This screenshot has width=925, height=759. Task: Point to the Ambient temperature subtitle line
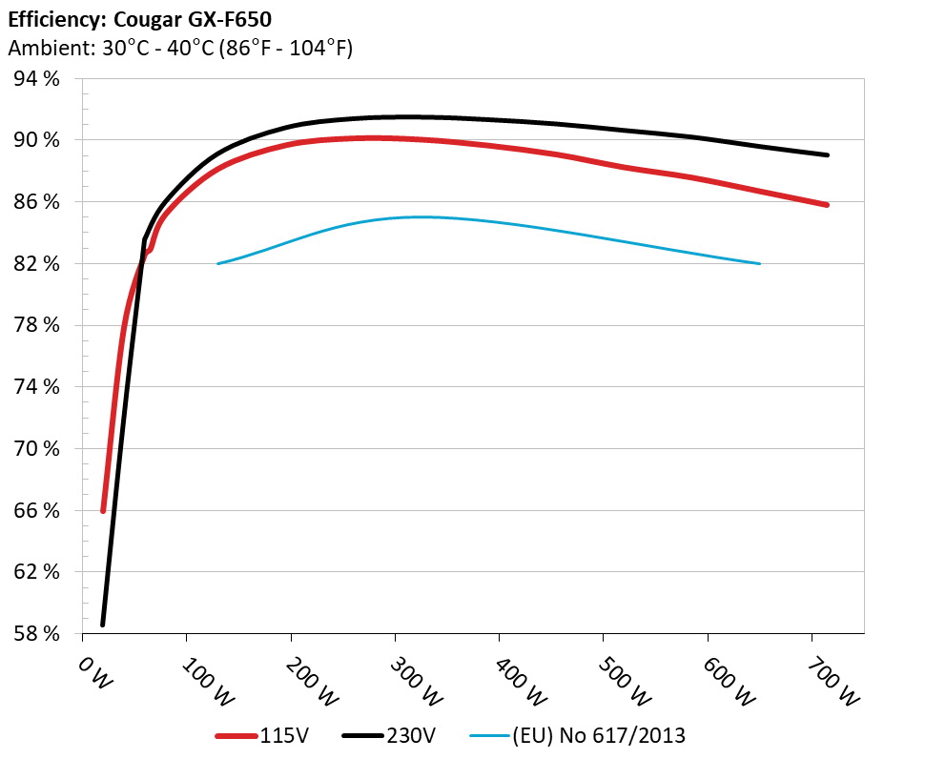tap(180, 48)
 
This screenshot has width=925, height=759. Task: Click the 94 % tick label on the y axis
tap(37, 79)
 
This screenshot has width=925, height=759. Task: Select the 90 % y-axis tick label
tap(37, 140)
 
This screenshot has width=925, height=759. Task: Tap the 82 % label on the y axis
tap(37, 263)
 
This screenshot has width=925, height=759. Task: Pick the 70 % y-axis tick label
tap(37, 448)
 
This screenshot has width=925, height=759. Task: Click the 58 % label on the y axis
tap(37, 633)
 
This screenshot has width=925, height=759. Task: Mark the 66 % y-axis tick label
tap(37, 510)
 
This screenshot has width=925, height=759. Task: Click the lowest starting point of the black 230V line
tap(102, 625)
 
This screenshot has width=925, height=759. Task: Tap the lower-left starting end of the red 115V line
tap(103, 511)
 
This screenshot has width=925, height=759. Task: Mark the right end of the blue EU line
tap(760, 263)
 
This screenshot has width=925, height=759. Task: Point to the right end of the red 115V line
tap(827, 205)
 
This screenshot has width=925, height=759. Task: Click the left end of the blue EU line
tap(218, 263)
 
